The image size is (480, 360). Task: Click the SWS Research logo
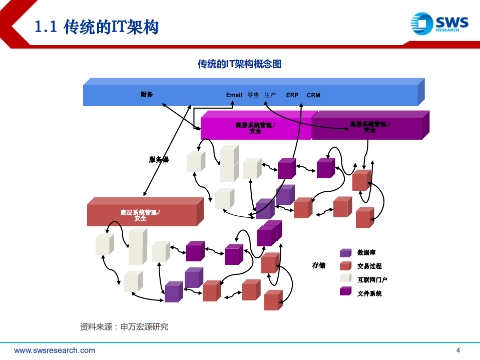pyautogui.click(x=439, y=24)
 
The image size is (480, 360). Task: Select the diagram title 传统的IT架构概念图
pyautogui.click(x=239, y=64)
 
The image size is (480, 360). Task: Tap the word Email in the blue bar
pyautogui.click(x=234, y=95)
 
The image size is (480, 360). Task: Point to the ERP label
pyautogui.click(x=292, y=95)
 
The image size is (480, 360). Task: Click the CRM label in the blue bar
pyautogui.click(x=313, y=95)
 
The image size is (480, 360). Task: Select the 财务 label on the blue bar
pyautogui.click(x=147, y=95)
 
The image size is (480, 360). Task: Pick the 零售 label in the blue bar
pyautogui.click(x=253, y=95)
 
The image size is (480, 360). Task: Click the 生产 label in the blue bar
pyautogui.click(x=270, y=95)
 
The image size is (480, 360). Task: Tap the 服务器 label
pyautogui.click(x=159, y=160)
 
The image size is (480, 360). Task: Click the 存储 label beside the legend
pyautogui.click(x=319, y=265)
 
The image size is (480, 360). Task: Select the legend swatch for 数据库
pyautogui.click(x=345, y=253)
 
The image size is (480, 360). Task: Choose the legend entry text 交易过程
pyautogui.click(x=369, y=266)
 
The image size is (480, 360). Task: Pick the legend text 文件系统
pyautogui.click(x=369, y=293)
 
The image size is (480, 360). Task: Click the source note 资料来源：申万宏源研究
pyautogui.click(x=124, y=327)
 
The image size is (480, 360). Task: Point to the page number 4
pyautogui.click(x=458, y=350)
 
